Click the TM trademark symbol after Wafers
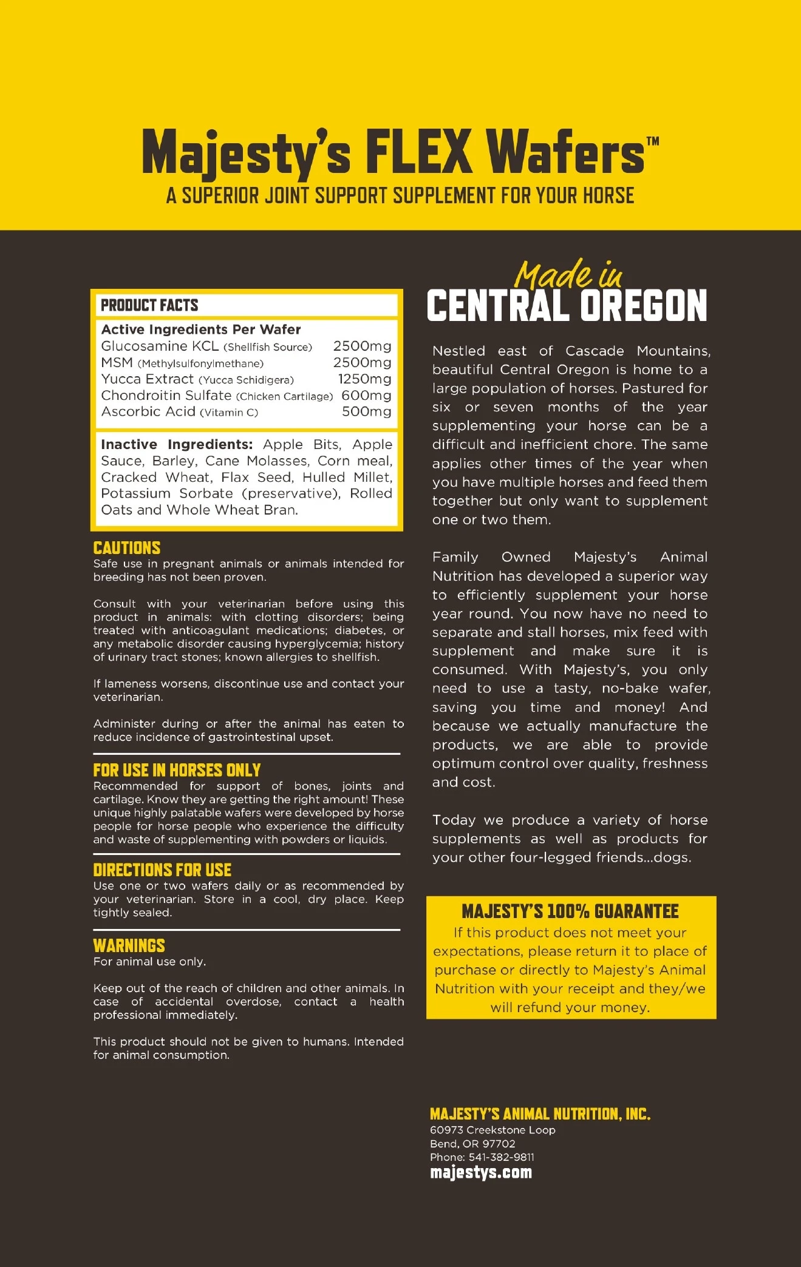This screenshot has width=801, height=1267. (x=652, y=141)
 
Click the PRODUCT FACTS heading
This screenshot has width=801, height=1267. (x=149, y=305)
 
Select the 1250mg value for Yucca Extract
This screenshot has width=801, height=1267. (x=364, y=379)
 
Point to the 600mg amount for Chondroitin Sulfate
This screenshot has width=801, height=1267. (x=366, y=396)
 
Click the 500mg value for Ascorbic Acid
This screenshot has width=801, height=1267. (x=366, y=412)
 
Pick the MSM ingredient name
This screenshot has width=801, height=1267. (x=117, y=363)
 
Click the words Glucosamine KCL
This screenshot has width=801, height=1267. (x=160, y=346)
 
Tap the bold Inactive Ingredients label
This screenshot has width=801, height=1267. (x=176, y=445)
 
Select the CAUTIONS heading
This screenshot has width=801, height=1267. (x=127, y=548)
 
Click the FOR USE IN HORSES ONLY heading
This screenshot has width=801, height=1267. (x=177, y=770)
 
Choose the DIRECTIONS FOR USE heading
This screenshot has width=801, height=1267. (x=162, y=870)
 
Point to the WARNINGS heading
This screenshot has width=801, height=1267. (x=129, y=945)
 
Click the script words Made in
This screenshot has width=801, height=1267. (x=568, y=275)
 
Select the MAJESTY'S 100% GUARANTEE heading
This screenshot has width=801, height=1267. (x=570, y=911)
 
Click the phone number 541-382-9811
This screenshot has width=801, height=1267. (x=501, y=1157)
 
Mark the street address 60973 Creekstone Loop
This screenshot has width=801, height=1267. (x=493, y=1130)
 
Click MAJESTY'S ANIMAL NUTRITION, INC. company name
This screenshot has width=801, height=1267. (x=540, y=1113)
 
